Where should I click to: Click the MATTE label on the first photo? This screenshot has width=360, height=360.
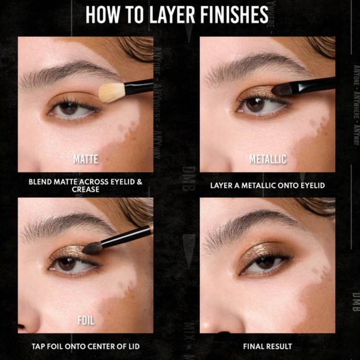tap(86, 160)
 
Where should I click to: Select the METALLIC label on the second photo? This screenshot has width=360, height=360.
tap(268, 160)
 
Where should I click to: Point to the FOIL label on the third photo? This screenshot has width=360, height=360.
tap(86, 321)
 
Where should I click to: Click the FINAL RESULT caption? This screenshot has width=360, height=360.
tap(268, 346)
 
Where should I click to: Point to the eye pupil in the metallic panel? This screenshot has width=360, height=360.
tap(254, 104)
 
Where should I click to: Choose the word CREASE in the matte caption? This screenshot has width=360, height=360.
tap(86, 189)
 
